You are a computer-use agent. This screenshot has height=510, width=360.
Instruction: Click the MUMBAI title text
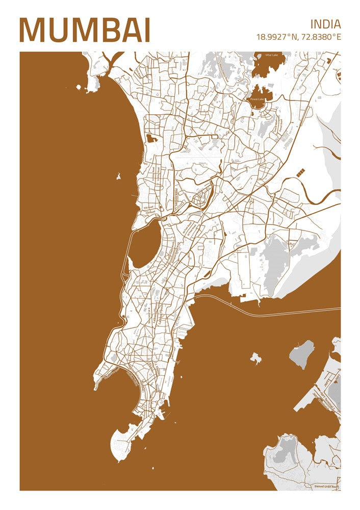[x=85, y=30]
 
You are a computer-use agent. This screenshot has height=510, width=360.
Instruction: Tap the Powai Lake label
[x=257, y=99]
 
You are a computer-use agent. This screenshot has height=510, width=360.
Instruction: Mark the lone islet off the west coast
[x=118, y=177]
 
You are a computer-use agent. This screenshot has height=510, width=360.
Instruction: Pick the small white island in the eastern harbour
[x=255, y=359]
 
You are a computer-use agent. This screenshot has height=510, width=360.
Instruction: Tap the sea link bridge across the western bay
[x=125, y=255]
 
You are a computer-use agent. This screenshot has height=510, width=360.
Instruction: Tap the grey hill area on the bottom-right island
[x=287, y=449]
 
